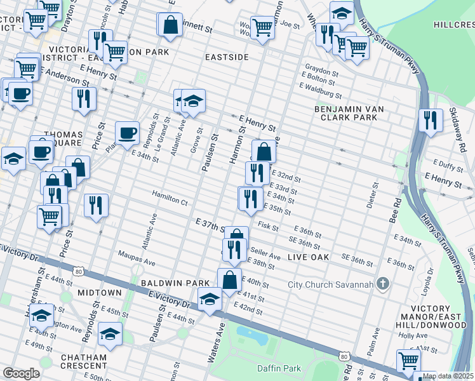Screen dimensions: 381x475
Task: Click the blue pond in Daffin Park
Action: [x=251, y=335]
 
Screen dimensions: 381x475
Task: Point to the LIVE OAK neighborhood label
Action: [x=308, y=257]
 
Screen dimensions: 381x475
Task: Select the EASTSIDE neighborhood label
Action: [x=227, y=57]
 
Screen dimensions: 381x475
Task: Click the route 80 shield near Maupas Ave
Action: [x=77, y=271]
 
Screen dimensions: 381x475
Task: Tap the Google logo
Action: [x=21, y=373]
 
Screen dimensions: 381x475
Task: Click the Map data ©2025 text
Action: [x=448, y=376]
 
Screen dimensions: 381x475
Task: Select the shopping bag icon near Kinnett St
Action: [x=170, y=25]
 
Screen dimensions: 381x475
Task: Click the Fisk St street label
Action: [x=269, y=225]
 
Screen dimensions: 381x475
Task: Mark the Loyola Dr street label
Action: [x=429, y=280]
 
